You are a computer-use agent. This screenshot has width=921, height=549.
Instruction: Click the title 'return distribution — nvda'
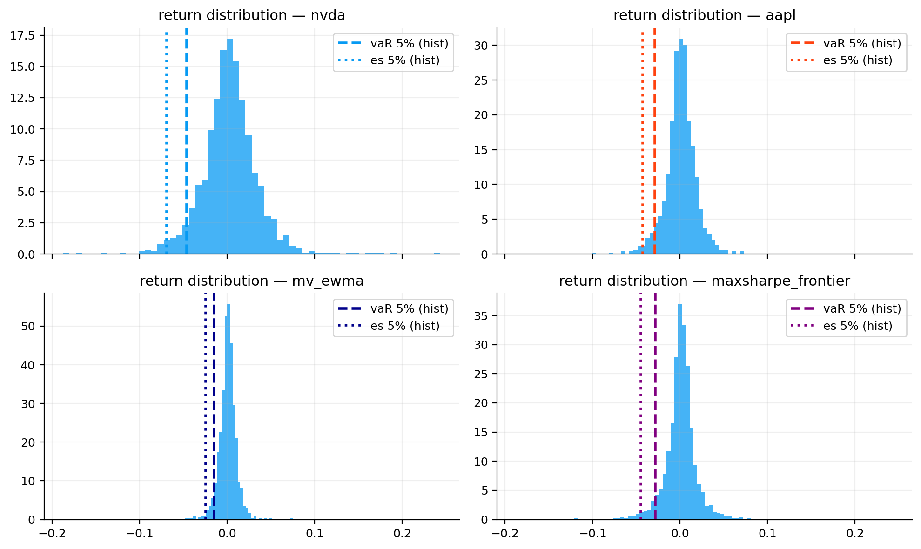pos(252,15)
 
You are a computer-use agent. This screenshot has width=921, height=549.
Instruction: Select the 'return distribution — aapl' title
pos(704,15)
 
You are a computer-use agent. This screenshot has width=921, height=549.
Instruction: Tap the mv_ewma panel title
pos(252,281)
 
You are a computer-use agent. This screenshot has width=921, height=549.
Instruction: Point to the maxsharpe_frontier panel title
pos(704,281)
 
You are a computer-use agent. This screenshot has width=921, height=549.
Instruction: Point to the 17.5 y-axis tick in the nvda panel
pos(22,35)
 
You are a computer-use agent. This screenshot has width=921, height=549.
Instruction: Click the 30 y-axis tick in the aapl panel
pos(481,46)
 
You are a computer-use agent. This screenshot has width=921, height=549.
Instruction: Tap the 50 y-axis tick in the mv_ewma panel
pos(28,326)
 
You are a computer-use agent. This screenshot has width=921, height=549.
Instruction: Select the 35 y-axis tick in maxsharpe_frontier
pos(481,316)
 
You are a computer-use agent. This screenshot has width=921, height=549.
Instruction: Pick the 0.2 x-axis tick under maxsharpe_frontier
pos(854,533)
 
